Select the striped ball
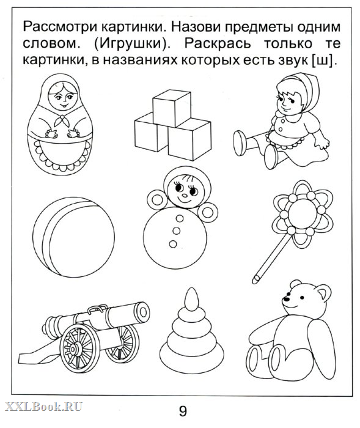coord(73,237)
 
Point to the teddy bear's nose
coord(286,299)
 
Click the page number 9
coord(183,411)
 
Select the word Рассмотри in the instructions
coord(61,28)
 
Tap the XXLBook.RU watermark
coord(43,407)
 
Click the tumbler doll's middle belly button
coord(176,231)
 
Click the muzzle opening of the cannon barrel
coord(144,311)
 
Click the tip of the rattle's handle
coord(255,279)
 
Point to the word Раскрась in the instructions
coord(217,44)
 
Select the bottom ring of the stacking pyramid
coord(192,352)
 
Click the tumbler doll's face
coord(183,190)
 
